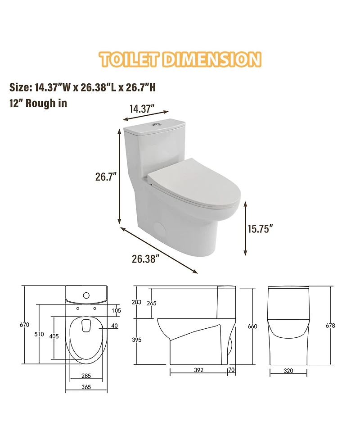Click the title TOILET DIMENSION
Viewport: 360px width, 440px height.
pyautogui.click(x=180, y=59)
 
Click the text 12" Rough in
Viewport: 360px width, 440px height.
pyautogui.click(x=38, y=103)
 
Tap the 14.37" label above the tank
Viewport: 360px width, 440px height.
pyautogui.click(x=142, y=109)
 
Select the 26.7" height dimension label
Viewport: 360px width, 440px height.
pyautogui.click(x=106, y=177)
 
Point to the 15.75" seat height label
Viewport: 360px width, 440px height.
pyautogui.click(x=261, y=229)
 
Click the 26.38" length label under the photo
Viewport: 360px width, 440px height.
pyautogui.click(x=145, y=259)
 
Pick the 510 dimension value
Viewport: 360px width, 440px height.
pyautogui.click(x=39, y=334)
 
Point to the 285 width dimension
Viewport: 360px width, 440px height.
pyautogui.click(x=87, y=375)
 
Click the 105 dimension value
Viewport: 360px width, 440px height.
pyautogui.click(x=116, y=310)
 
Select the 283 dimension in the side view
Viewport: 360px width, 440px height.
pyautogui.click(x=137, y=302)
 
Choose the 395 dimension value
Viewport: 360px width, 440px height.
pyautogui.click(x=137, y=340)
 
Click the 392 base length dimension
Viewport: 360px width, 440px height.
pyautogui.click(x=198, y=370)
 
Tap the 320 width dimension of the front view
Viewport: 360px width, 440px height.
pyautogui.click(x=288, y=371)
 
